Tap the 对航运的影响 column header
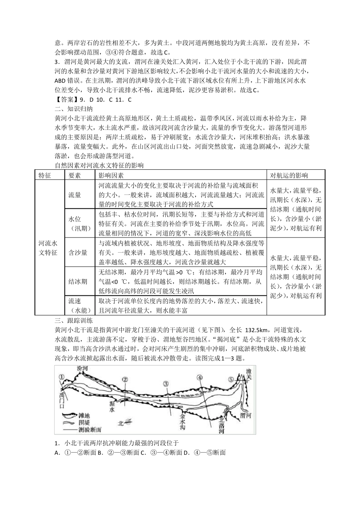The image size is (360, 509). [x=289, y=175]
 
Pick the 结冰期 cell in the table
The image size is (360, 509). [x=78, y=281]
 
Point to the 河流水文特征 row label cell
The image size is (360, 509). [x=48, y=247]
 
